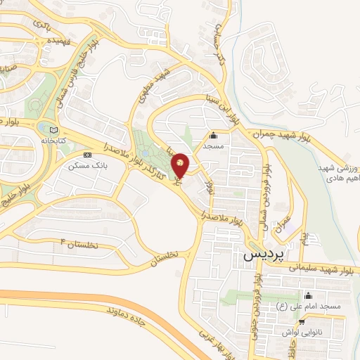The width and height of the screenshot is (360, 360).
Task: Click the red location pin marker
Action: pyautogui.click(x=180, y=165)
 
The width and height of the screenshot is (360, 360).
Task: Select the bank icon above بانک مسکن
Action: pyautogui.click(x=87, y=155)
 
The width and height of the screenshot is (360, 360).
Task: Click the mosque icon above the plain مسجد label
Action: pyautogui.click(x=214, y=136)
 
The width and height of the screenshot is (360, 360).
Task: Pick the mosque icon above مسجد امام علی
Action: pyautogui.click(x=307, y=295)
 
